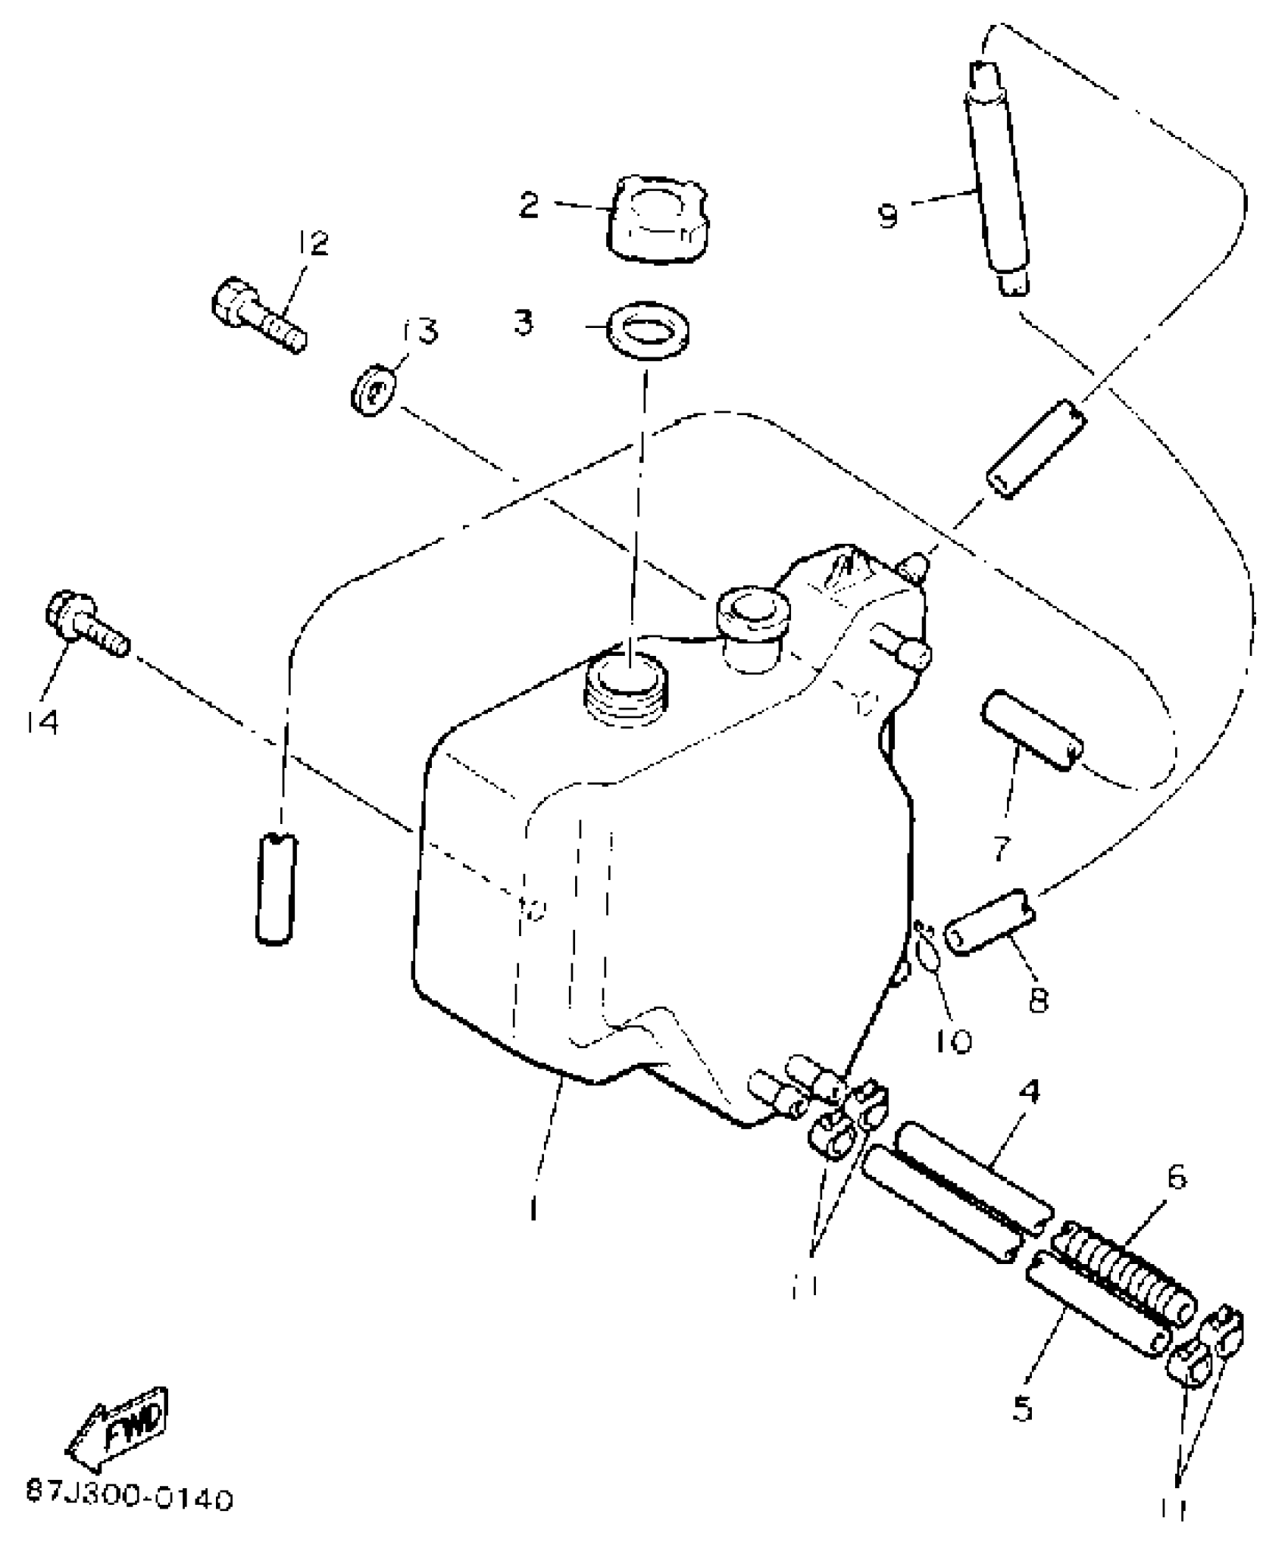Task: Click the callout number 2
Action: click(x=529, y=204)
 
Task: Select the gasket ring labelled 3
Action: click(x=649, y=329)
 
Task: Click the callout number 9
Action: click(x=888, y=216)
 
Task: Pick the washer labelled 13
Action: click(x=370, y=392)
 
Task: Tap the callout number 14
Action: click(x=39, y=723)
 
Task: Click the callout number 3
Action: click(x=523, y=322)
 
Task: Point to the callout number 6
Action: click(x=1177, y=1179)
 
